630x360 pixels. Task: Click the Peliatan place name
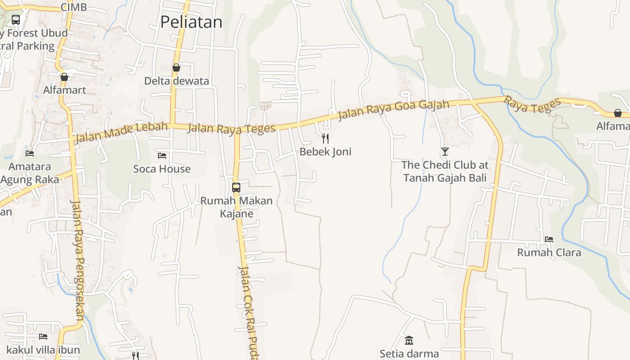tap(191, 22)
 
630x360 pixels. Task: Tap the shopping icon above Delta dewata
tap(176, 67)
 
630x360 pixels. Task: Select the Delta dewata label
tap(176, 81)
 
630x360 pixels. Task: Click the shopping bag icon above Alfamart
tap(64, 77)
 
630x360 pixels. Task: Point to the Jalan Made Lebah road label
tap(121, 131)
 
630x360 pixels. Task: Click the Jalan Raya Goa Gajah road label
tap(393, 110)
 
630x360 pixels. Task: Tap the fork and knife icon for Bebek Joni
tap(325, 138)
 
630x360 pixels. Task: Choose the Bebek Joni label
tap(325, 152)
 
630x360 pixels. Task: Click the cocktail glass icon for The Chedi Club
tap(445, 151)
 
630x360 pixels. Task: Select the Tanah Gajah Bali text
tap(445, 178)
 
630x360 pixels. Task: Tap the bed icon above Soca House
tap(162, 156)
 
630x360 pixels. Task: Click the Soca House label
tap(162, 169)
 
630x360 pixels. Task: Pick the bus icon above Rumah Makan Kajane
tap(236, 187)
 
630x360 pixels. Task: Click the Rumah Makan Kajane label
tap(236, 207)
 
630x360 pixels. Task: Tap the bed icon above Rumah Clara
tap(549, 239)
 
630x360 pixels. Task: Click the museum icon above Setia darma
tap(409, 340)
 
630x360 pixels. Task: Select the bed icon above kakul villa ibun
tap(43, 336)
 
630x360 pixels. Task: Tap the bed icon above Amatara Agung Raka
tap(30, 153)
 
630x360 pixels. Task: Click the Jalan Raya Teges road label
tap(231, 129)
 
